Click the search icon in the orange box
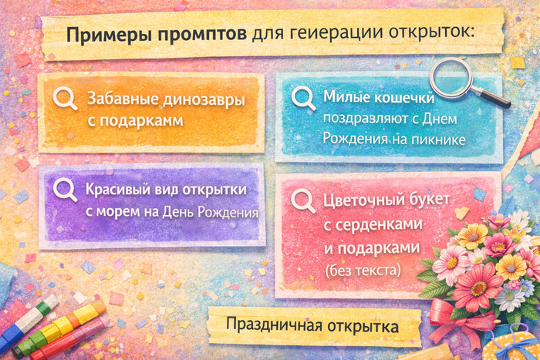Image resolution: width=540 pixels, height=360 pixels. pyautogui.click(x=65, y=99)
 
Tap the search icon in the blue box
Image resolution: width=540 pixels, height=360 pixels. pyautogui.click(x=303, y=98)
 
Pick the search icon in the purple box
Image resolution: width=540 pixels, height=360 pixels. pyautogui.click(x=65, y=190)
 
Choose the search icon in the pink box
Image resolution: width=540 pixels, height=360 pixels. pyautogui.click(x=303, y=201)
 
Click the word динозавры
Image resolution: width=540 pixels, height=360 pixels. pyautogui.click(x=204, y=100)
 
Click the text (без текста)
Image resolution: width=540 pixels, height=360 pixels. pyautogui.click(x=363, y=270)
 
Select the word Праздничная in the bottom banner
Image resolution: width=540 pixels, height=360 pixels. pyautogui.click(x=274, y=325)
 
